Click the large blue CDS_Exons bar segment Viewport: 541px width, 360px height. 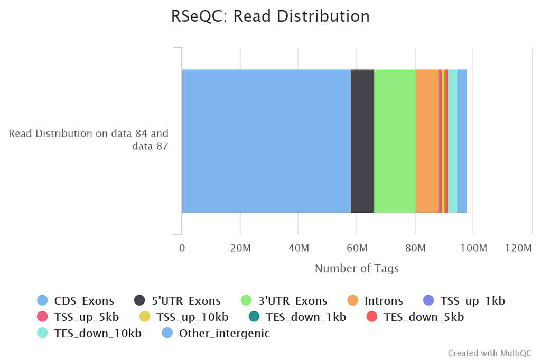(266, 141)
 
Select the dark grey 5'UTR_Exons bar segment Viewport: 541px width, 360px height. (362, 141)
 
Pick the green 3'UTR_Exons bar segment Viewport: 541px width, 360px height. (395, 141)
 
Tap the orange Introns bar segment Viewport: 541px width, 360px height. (427, 141)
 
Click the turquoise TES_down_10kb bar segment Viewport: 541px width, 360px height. (453, 141)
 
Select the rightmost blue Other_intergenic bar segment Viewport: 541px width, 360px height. (462, 141)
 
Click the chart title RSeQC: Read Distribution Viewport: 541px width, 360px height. (270, 16)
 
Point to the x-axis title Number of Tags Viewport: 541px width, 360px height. (357, 268)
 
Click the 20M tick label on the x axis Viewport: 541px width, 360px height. (240, 249)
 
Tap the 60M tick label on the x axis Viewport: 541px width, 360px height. (357, 249)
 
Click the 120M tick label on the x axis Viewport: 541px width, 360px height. (518, 249)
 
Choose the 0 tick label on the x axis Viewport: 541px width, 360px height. (182, 249)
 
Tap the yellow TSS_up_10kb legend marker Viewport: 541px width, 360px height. (144, 317)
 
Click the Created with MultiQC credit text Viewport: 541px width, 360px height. (490, 353)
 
